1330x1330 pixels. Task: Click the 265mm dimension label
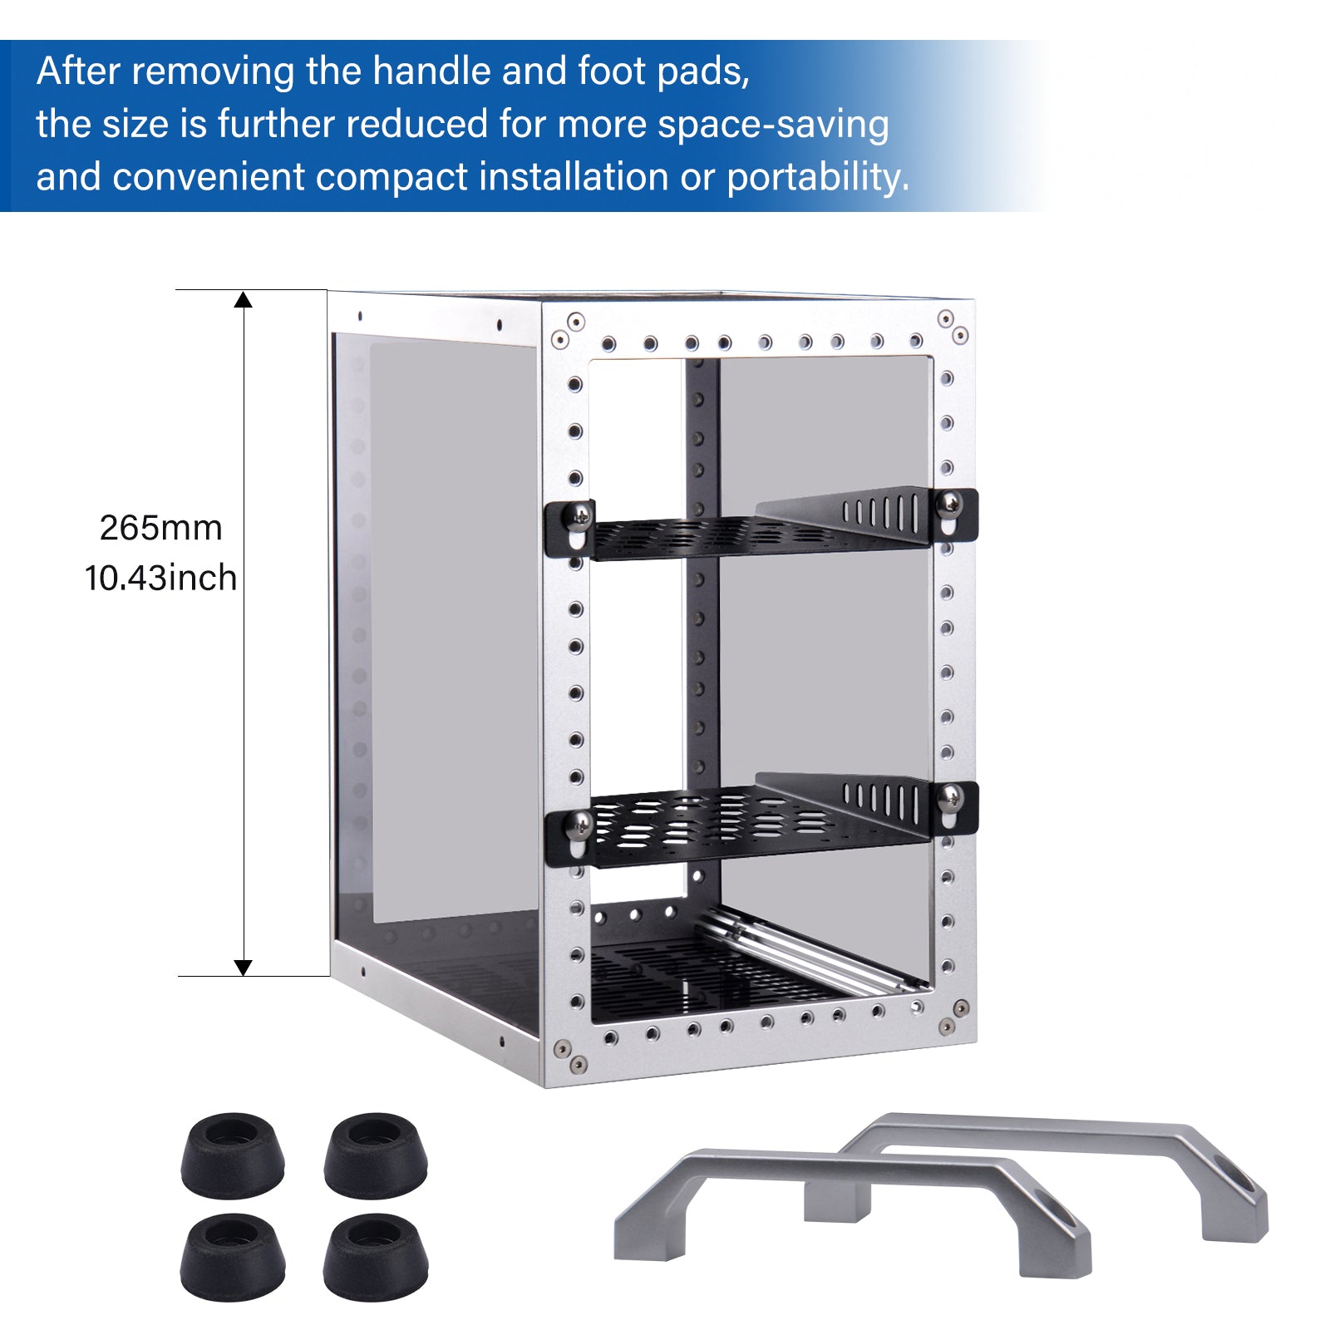(x=160, y=528)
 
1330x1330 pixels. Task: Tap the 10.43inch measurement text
(x=160, y=578)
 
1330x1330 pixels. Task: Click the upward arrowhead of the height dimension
(x=243, y=300)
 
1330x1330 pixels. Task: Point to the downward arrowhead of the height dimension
(x=243, y=967)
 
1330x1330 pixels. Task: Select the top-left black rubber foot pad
(x=233, y=1155)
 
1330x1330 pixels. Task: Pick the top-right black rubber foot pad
(x=376, y=1155)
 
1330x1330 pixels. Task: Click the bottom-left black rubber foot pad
(x=233, y=1256)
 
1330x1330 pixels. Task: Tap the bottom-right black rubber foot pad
(x=376, y=1256)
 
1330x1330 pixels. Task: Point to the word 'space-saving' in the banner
(x=773, y=125)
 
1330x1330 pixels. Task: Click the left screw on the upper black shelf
(x=577, y=517)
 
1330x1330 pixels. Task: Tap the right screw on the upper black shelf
(x=949, y=503)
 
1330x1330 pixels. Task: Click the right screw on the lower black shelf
(x=949, y=798)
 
